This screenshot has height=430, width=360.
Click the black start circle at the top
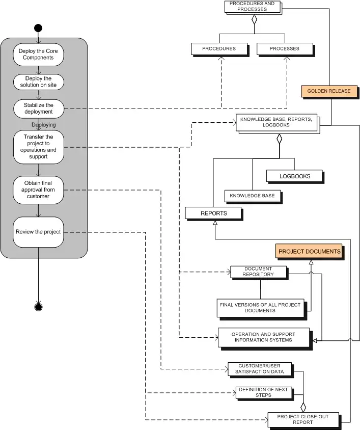[x=38, y=28]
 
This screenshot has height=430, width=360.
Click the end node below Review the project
[x=38, y=306]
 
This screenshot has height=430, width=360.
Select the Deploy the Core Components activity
[x=39, y=54]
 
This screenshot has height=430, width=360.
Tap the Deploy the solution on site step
[x=39, y=82]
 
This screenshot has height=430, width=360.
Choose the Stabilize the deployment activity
[x=39, y=108]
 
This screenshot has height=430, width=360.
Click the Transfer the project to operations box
[x=39, y=147]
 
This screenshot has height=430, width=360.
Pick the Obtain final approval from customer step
[x=39, y=189]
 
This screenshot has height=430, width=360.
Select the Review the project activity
[x=39, y=232]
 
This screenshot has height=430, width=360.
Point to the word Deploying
[x=44, y=125]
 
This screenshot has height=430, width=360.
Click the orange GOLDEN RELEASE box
[x=329, y=91]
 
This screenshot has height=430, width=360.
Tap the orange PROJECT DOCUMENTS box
[x=309, y=251]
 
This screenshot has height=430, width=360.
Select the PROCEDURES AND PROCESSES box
[x=252, y=7]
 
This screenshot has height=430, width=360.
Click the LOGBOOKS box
[x=295, y=176]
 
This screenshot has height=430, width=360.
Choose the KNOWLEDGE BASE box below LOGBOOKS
[x=253, y=195]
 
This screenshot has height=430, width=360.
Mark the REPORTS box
[x=213, y=213]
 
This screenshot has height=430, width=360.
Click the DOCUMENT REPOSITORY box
[x=258, y=272]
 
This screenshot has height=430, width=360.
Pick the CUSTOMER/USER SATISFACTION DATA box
[x=260, y=369]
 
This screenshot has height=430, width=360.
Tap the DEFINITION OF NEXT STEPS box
[x=262, y=392]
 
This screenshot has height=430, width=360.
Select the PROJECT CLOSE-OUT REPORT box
[x=302, y=419]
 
